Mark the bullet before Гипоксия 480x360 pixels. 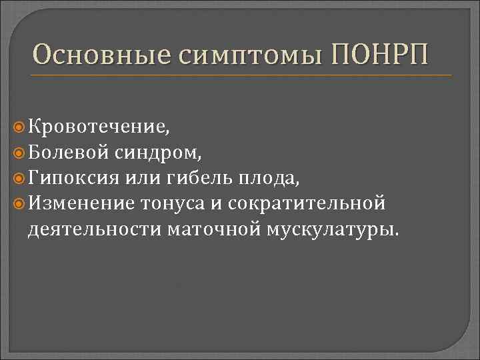point(19,177)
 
